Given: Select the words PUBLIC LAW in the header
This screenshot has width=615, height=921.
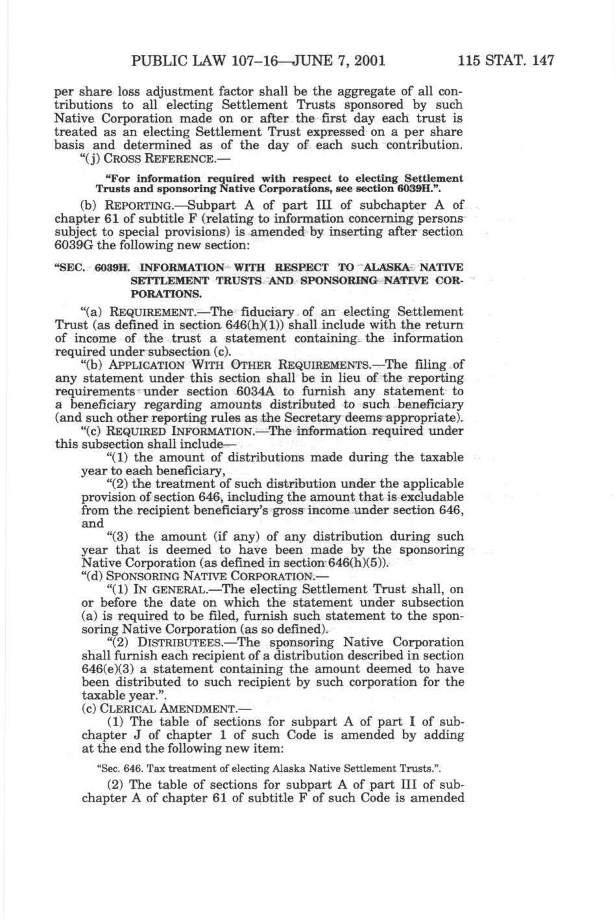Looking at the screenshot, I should [x=173, y=62].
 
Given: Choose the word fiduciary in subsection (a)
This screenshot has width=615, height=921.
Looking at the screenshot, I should [x=263, y=312].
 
